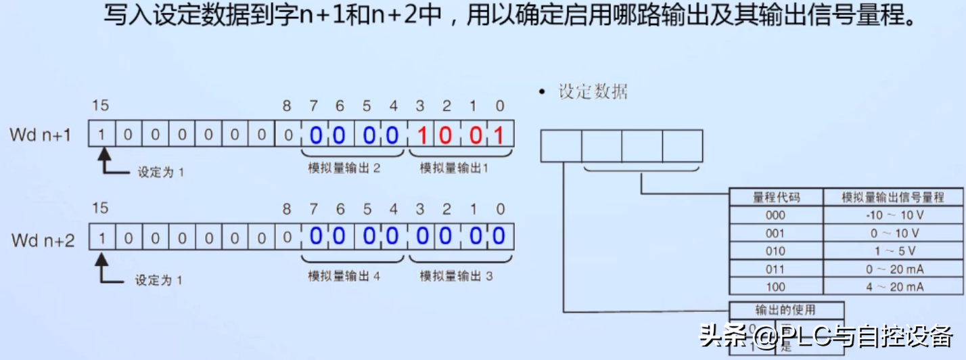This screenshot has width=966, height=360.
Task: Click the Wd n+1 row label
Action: (41, 135)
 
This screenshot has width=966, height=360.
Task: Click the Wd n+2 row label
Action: (43, 240)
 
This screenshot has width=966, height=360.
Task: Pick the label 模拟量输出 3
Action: (456, 276)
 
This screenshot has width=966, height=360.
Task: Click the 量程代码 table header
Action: (776, 198)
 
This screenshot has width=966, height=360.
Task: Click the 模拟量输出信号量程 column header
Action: (893, 198)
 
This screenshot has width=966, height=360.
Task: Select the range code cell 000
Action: (776, 215)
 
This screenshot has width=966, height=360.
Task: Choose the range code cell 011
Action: (776, 269)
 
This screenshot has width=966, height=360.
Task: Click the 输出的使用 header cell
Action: (785, 311)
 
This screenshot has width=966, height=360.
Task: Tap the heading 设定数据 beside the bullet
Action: (593, 92)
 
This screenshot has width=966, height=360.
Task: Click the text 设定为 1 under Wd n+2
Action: (159, 279)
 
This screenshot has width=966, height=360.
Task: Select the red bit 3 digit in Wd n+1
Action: (420, 135)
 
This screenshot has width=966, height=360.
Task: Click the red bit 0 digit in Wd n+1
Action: (499, 135)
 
